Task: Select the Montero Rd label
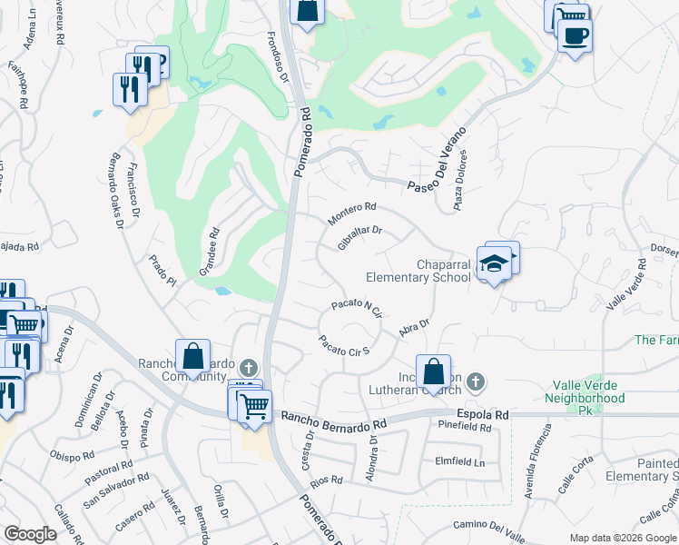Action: coord(352,214)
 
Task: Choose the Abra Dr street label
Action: coord(413,327)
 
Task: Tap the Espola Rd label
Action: coord(482,414)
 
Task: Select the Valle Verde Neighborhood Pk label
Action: coord(585,391)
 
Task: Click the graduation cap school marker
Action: coord(494,263)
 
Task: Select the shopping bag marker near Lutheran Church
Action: coord(434,371)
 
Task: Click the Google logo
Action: coord(30,534)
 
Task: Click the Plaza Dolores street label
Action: coord(460,192)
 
